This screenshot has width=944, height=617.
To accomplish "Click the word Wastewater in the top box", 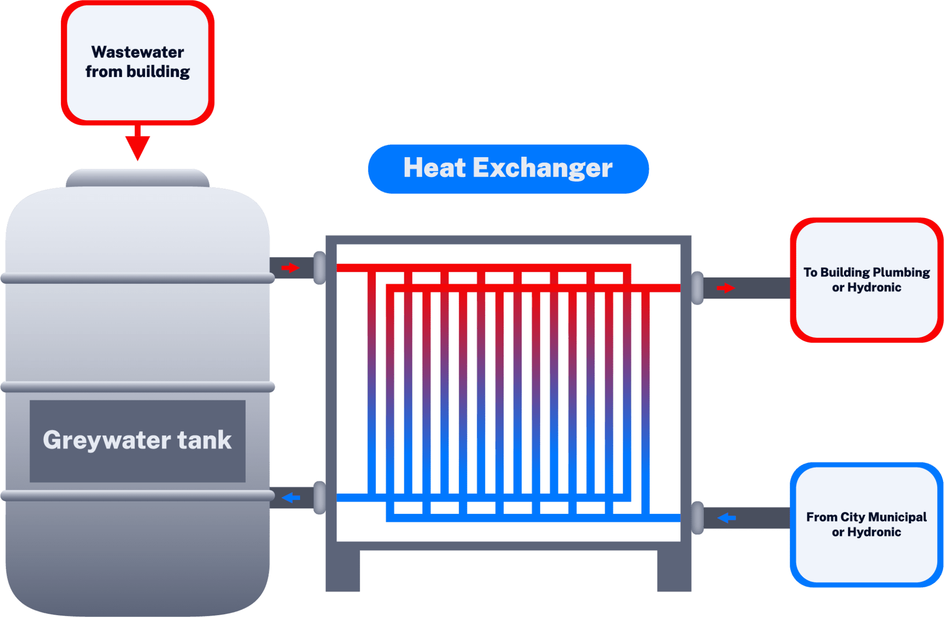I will pos(137,52).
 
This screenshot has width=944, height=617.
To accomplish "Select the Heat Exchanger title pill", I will pos(508,169).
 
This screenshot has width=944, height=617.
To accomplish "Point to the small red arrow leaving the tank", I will pos(290,268).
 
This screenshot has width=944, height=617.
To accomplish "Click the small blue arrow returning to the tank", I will pos(291,498).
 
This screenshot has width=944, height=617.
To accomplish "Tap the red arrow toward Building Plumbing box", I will pos(726,288).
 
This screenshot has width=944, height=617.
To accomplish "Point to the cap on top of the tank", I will pos(137,178).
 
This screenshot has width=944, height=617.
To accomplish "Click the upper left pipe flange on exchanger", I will pos(319,268).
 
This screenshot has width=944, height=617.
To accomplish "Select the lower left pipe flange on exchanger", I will pos(319,498).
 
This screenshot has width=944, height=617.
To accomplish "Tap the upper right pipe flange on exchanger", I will pos(697,288).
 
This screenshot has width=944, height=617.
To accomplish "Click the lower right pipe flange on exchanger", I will pos(697,518).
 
